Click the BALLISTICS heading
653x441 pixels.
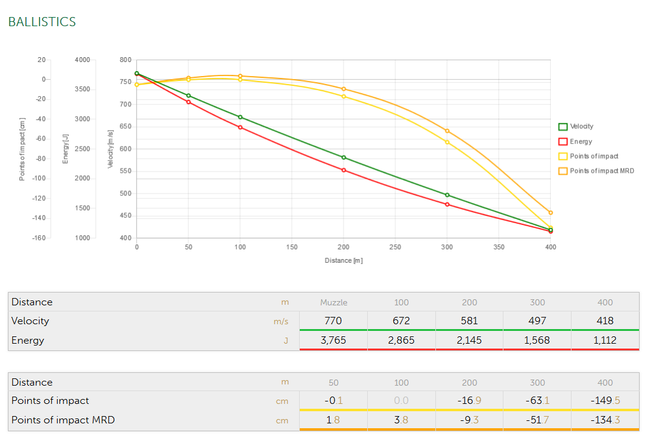42,22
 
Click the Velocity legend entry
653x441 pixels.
581,127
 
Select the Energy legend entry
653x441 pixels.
581,142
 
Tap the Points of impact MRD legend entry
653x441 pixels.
601,171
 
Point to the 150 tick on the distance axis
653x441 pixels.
292,248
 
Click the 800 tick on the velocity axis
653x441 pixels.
125,60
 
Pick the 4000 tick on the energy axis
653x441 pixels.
82,60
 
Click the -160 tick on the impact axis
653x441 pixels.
39,238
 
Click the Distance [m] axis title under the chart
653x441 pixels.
344,260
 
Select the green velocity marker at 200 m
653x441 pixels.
344,158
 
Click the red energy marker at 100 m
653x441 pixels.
240,127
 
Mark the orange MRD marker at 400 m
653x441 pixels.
550,213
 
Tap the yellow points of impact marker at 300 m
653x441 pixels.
447,142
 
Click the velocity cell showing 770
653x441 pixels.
333,321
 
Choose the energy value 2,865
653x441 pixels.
401,340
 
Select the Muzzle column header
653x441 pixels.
333,302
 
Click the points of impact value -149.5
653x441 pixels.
605,400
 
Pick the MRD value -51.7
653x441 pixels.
537,420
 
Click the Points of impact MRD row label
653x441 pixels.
63,420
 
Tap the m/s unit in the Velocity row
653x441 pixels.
281,321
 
